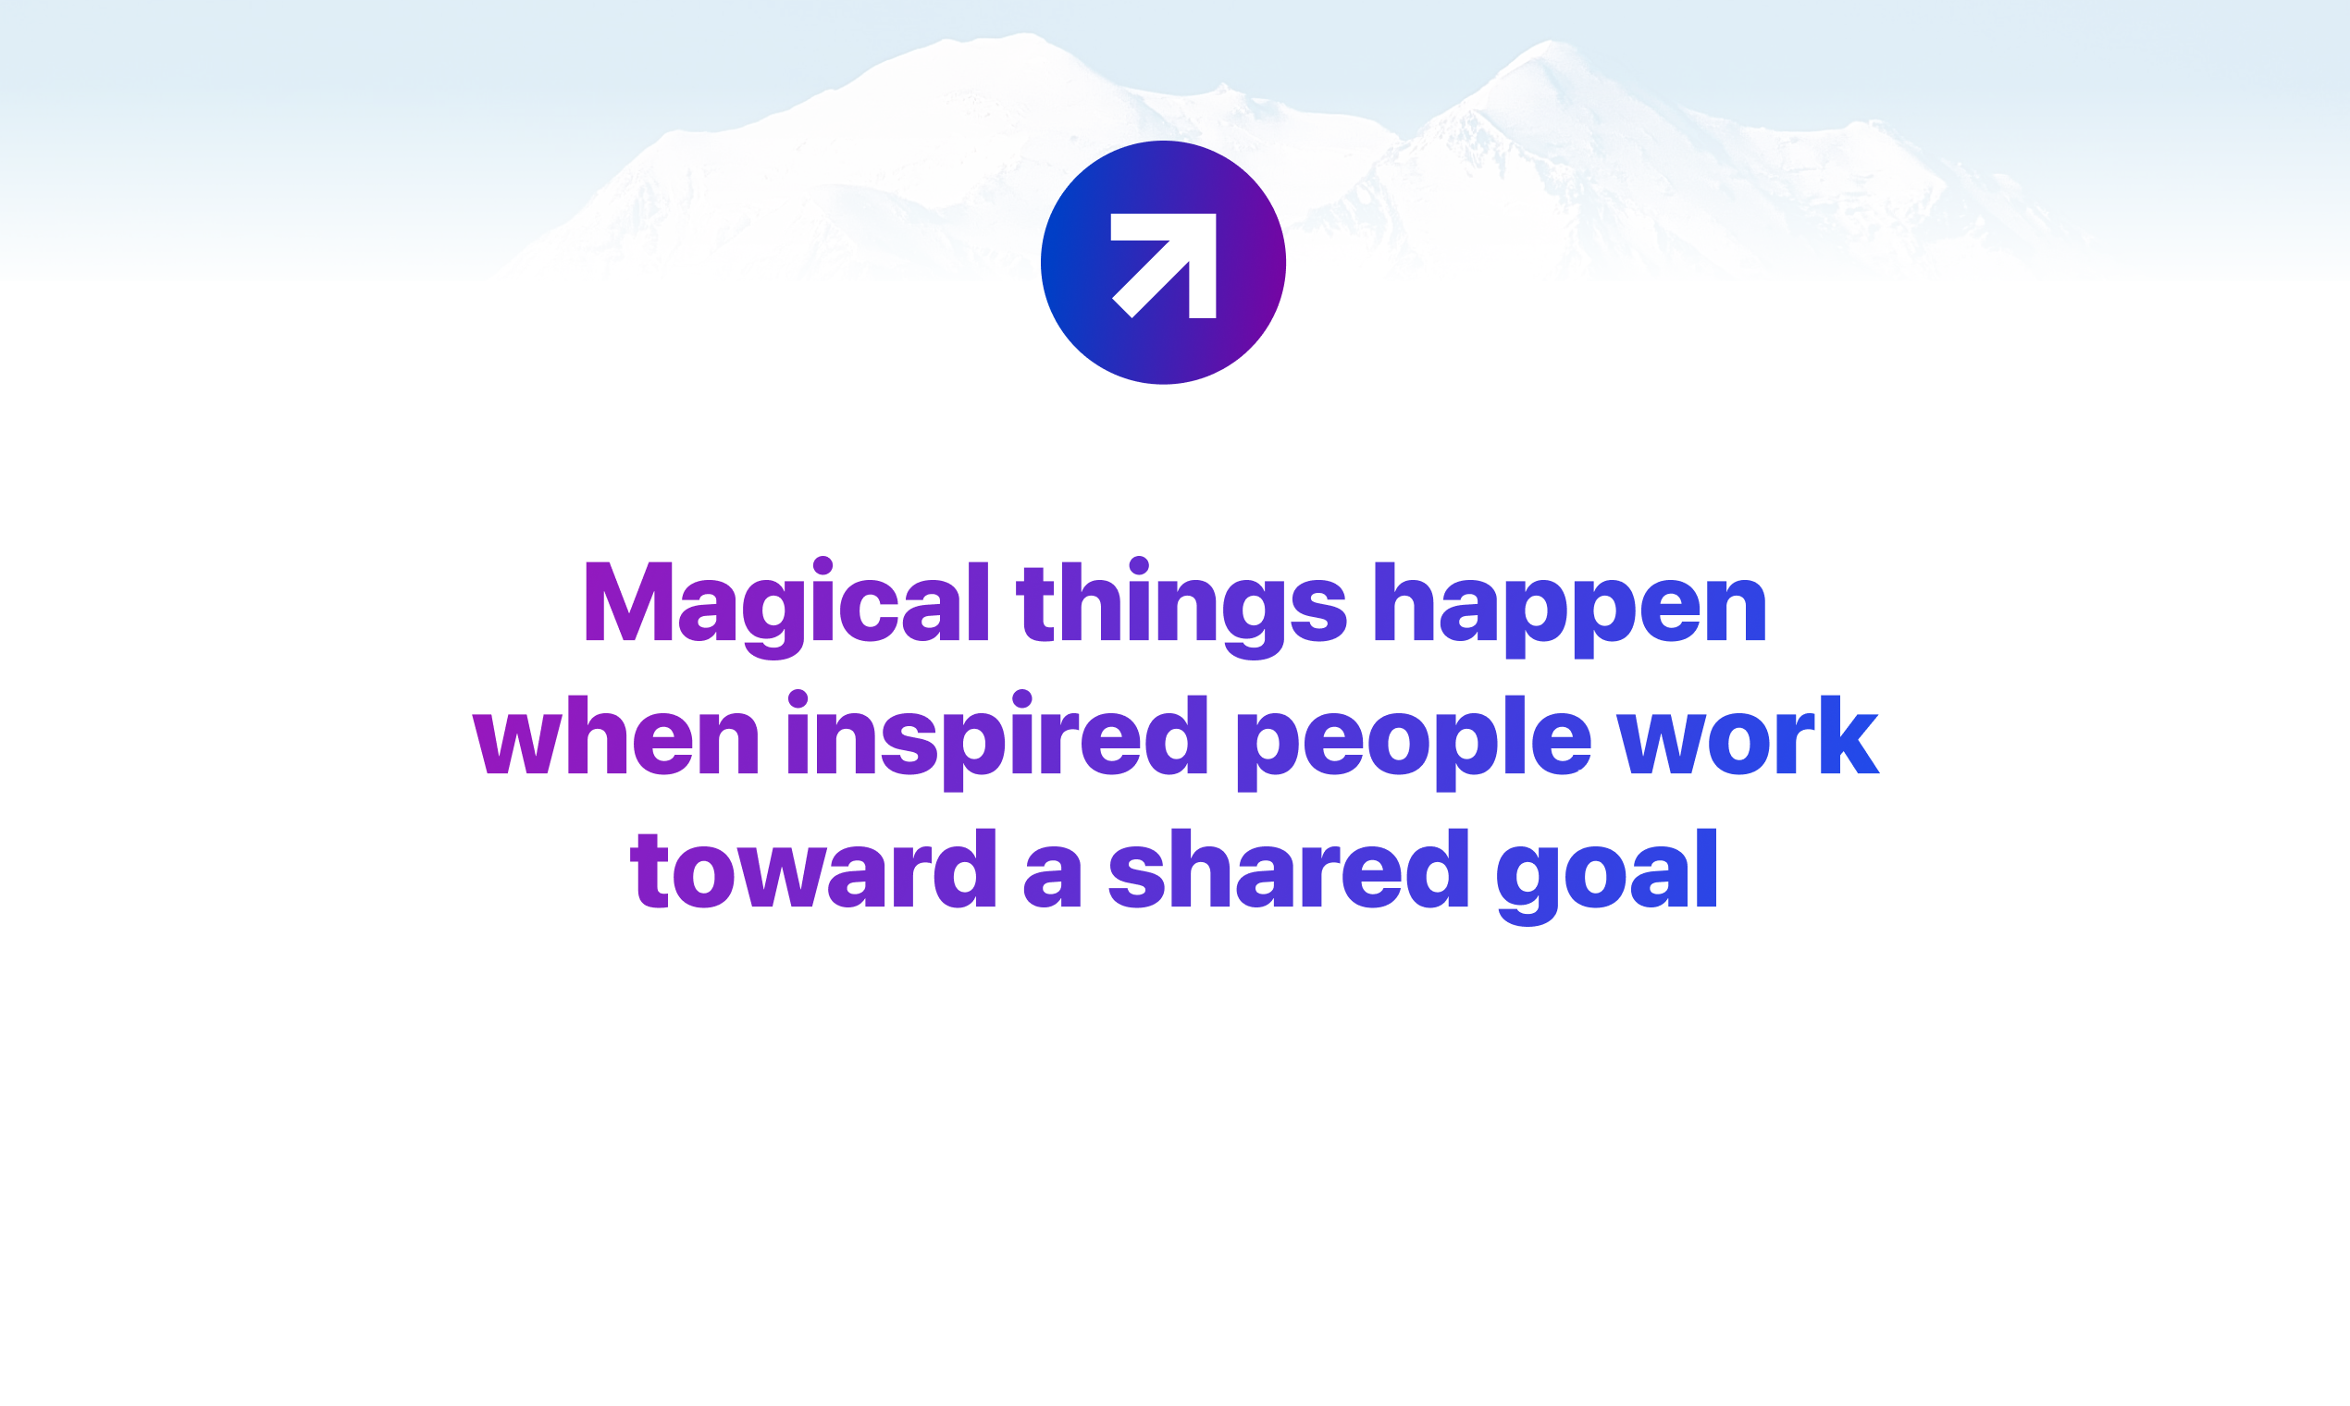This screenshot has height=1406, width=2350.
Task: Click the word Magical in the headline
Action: click(x=787, y=606)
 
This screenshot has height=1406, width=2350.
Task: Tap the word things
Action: click(x=1181, y=606)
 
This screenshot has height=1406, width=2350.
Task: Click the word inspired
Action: click(x=996, y=740)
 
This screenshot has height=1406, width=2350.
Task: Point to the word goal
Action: click(x=1607, y=876)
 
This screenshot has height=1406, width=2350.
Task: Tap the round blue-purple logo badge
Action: click(x=1164, y=263)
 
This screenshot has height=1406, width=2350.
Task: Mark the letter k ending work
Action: click(x=1845, y=734)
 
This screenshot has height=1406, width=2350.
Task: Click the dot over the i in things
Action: click(x=1139, y=565)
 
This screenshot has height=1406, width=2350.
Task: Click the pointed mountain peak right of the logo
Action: click(x=1551, y=43)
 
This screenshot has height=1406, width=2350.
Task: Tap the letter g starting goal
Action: click(x=1527, y=887)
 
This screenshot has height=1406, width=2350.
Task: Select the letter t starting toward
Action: click(x=650, y=869)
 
